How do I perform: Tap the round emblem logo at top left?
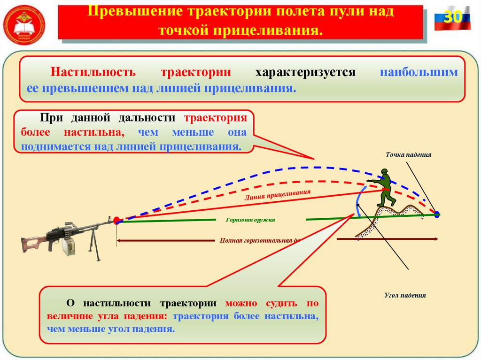24,24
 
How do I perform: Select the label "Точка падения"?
408,154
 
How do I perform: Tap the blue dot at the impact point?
437,214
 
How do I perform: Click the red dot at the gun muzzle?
116,220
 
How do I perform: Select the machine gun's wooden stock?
33,243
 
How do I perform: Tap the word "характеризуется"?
305,73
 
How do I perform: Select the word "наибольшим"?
419,73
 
